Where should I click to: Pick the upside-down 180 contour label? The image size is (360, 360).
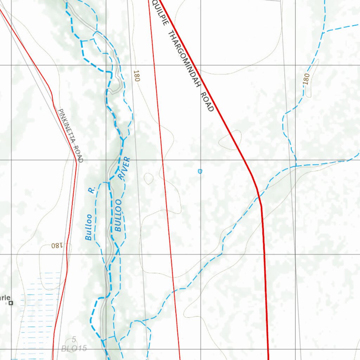56,245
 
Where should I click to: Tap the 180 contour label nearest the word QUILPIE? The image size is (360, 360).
136,76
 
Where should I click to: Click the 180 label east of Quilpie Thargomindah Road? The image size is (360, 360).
306,79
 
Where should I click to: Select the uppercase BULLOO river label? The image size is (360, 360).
118,215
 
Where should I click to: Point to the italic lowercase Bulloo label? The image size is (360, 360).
89,227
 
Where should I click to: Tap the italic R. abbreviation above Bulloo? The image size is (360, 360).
91,190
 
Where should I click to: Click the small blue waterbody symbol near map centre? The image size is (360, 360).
200,171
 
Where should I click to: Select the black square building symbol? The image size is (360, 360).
11,303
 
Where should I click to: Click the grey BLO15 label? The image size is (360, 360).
73,349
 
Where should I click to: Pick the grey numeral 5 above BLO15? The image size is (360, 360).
74,339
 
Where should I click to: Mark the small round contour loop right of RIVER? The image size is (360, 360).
149,179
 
